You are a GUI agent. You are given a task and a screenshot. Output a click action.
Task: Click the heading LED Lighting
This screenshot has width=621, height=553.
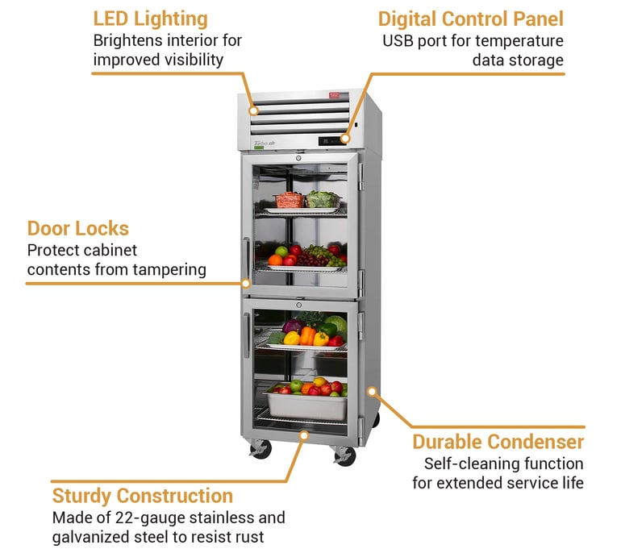click(150, 19)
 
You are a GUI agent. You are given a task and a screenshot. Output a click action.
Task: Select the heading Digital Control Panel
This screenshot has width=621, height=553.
click(470, 19)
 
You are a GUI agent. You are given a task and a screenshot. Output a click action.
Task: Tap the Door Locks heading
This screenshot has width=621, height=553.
click(78, 228)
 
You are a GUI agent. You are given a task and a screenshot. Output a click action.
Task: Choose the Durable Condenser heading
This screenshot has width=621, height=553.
click(498, 442)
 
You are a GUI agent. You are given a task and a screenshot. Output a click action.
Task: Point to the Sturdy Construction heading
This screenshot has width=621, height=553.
click(142, 496)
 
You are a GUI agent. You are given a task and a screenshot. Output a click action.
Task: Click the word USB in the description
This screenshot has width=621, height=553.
click(398, 41)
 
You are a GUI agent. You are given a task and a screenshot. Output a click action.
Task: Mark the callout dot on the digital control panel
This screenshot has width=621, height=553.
click(345, 138)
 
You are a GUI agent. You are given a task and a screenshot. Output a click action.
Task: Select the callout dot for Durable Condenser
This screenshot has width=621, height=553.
click(373, 393)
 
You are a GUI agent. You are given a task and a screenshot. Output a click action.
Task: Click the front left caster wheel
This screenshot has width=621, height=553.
click(260, 450)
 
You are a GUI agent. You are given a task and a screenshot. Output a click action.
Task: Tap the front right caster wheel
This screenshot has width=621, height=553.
click(345, 456)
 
